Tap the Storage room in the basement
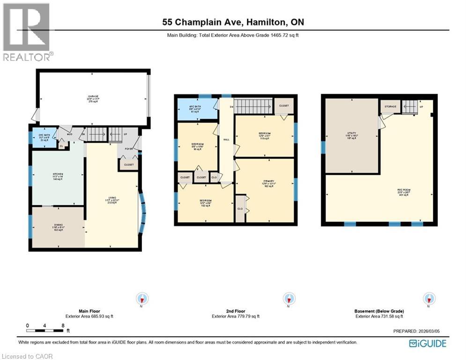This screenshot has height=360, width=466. click(391, 107)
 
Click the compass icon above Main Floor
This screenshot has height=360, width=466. click(142, 299)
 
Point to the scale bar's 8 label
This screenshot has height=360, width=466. click(62, 325)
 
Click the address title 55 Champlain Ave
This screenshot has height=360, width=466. click(233, 22)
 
